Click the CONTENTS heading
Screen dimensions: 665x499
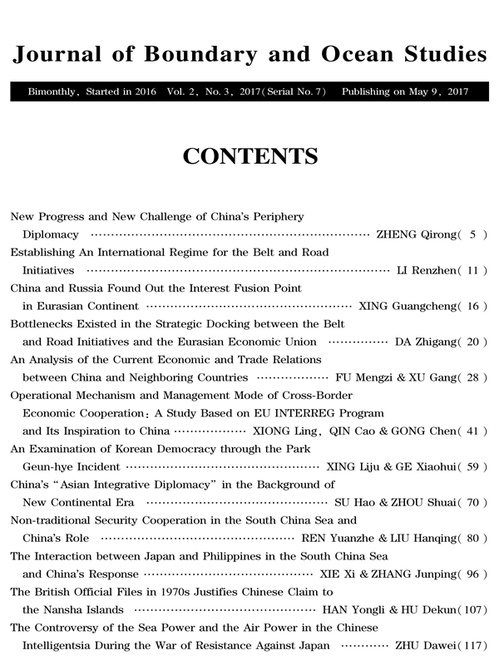click(249, 156)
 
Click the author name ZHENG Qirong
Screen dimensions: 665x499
click(415, 234)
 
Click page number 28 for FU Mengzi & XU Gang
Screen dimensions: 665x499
click(473, 377)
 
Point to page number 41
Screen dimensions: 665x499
click(473, 431)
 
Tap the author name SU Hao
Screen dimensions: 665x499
click(359, 502)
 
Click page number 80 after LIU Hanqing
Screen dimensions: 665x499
click(473, 538)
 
